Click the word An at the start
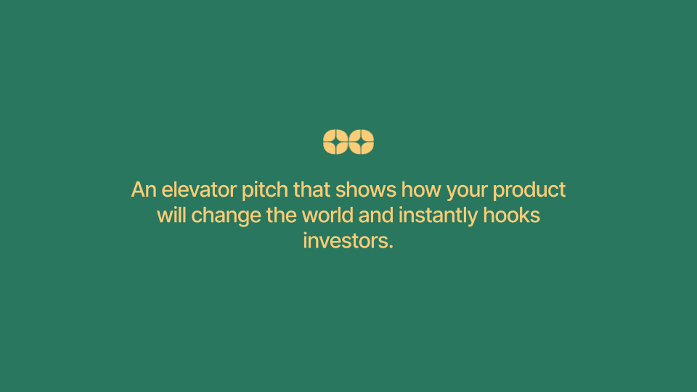pos(144,189)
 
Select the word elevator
pos(199,189)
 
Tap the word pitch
pos(265,191)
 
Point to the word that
pos(311,189)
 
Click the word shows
pos(366,189)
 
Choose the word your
pos(467,192)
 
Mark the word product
pos(529,191)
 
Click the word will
pos(171,216)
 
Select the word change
pos(227,217)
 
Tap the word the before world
pos(282,216)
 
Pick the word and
pos(376,216)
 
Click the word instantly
pos(439,217)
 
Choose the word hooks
pos(512,216)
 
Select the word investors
pos(346,241)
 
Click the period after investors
pos(391,247)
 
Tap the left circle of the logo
pos(335,142)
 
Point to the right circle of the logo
pos(362,142)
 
